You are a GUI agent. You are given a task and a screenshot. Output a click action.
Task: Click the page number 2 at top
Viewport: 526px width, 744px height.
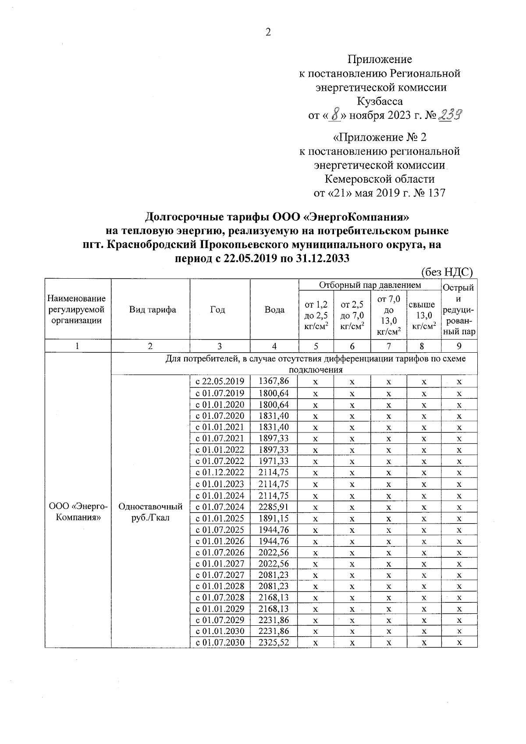268,32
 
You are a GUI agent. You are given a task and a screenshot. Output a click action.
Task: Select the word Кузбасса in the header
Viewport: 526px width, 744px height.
380,101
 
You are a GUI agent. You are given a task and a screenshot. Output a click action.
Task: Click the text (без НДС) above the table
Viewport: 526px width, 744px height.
447,272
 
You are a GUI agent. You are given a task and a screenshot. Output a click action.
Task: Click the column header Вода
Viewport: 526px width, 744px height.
274,310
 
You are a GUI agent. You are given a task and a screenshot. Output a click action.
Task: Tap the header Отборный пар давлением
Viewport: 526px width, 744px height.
370,285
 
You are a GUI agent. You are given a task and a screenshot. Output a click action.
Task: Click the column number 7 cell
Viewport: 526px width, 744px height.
388,346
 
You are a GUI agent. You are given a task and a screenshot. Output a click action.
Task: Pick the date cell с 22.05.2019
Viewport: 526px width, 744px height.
220,382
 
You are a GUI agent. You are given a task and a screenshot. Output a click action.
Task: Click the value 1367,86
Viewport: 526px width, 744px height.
274,382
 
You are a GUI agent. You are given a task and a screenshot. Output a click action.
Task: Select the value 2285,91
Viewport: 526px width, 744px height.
274,507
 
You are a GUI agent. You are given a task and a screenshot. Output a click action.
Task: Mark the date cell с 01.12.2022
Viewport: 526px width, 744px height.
220,473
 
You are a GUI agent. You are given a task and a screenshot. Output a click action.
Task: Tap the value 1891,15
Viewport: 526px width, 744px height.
274,518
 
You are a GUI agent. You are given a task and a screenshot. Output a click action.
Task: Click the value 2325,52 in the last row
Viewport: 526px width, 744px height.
274,642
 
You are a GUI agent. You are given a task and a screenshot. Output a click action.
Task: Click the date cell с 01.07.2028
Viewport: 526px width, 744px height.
220,597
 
